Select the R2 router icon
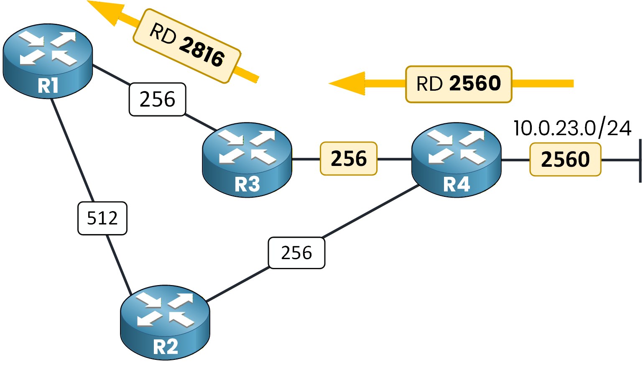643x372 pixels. [x=165, y=322]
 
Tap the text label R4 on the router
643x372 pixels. [x=457, y=184]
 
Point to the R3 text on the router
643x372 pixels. [x=247, y=184]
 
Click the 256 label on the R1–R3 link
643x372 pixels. [x=157, y=99]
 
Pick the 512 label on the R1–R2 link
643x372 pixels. [x=102, y=218]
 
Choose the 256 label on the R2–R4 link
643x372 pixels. [x=296, y=253]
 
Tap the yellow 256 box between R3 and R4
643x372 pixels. [x=349, y=159]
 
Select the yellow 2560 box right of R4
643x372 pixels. [x=565, y=160]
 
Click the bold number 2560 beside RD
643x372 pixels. [x=475, y=84]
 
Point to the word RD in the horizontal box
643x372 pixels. [x=429, y=84]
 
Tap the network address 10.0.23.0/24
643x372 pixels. [x=572, y=128]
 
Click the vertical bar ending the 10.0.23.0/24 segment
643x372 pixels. [x=640, y=161]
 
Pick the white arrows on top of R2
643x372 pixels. [x=165, y=309]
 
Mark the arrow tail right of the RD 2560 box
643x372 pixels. [x=543, y=84]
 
